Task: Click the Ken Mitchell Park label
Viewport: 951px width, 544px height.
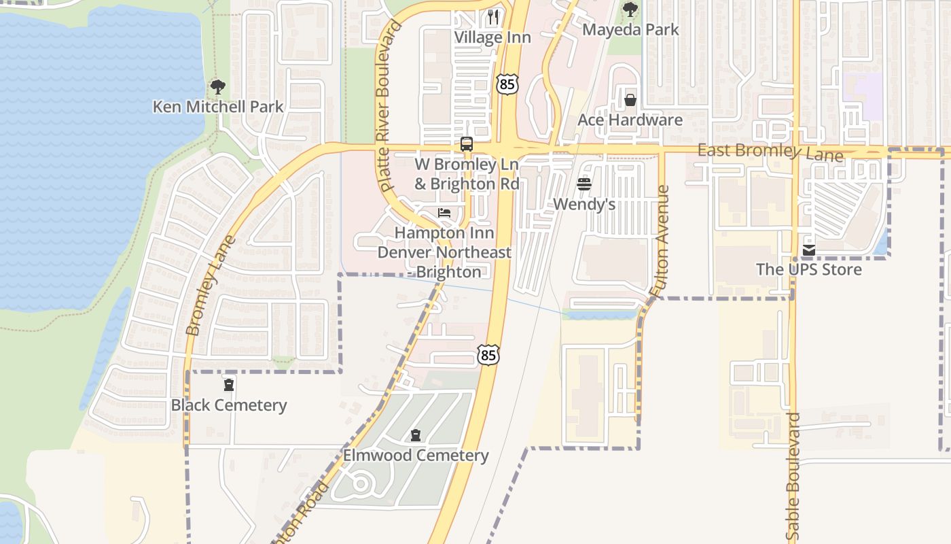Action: coord(217,107)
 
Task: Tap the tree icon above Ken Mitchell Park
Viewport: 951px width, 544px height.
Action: coord(217,87)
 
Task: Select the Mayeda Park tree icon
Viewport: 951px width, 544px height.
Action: coord(630,10)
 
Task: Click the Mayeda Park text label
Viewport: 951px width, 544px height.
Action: coord(630,30)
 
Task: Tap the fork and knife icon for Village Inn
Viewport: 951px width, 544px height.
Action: coord(493,16)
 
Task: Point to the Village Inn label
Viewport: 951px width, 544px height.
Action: coord(492,37)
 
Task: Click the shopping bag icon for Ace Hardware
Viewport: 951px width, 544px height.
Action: coord(630,101)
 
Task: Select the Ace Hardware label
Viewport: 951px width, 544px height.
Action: coord(630,120)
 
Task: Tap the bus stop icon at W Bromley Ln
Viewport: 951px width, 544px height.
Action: coord(467,144)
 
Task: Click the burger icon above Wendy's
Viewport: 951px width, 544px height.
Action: coord(584,184)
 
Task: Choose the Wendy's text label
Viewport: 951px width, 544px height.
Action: coord(584,204)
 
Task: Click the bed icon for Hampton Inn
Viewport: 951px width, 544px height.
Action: coord(444,213)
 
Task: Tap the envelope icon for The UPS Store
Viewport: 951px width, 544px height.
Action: coord(808,250)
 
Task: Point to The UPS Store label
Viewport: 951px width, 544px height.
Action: coord(808,269)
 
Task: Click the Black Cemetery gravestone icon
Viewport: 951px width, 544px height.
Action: coord(229,386)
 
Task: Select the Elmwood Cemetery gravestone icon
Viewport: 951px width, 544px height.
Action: coord(416,435)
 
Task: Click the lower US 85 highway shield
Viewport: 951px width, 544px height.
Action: coord(488,354)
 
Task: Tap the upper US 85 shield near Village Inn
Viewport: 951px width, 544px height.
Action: coord(507,84)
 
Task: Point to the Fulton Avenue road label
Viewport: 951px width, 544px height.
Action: coord(660,241)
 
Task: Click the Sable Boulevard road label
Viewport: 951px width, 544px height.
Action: coord(795,476)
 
